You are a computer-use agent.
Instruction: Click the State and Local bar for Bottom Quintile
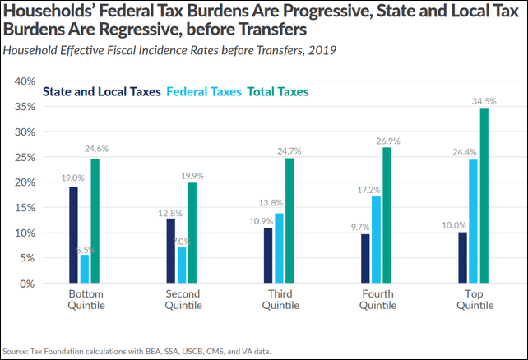click(73, 235)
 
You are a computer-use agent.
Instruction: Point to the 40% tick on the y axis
click(25, 81)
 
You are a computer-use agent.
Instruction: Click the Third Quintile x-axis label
click(275, 299)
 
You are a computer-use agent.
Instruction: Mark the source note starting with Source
click(136, 351)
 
